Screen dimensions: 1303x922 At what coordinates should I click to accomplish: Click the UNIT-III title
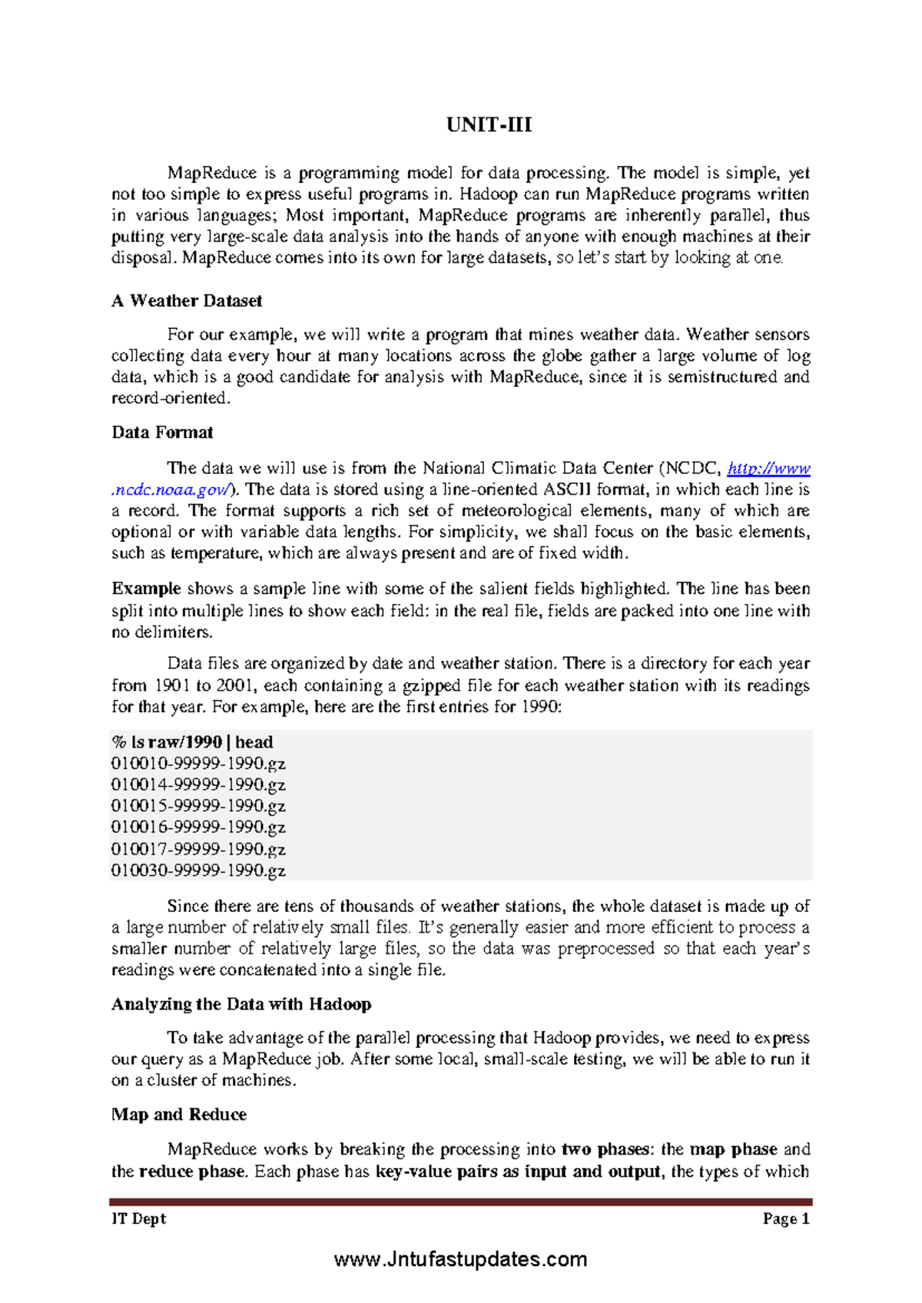489,125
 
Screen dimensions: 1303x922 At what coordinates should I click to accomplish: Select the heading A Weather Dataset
187,301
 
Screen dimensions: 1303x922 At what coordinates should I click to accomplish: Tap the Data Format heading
162,433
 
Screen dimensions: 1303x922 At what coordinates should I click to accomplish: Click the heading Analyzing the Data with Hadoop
241,1004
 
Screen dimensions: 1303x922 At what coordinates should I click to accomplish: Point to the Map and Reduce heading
179,1115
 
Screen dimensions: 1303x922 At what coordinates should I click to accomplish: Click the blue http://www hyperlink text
768,469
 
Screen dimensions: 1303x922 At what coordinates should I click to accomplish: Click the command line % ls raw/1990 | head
192,742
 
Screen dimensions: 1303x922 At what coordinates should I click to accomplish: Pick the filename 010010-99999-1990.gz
198,764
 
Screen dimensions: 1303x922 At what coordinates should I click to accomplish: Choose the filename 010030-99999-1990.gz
198,870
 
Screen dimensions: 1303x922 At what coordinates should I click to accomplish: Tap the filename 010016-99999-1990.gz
198,827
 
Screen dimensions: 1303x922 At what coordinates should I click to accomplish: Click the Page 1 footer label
786,1219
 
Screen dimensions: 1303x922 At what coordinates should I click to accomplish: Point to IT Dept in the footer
139,1219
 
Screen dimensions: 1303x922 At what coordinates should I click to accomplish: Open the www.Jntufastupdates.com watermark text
461,1260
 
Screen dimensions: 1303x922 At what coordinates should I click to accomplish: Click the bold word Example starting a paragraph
146,589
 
